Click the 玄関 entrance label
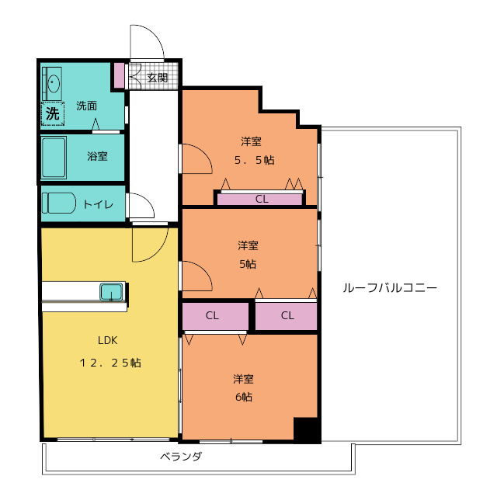[x=157, y=78]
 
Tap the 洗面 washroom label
[x=86, y=106]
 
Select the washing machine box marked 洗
[x=53, y=113]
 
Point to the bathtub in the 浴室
[x=54, y=158]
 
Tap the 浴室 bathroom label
[x=97, y=156]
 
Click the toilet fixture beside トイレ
[x=59, y=203]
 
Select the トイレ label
[x=98, y=204]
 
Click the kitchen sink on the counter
[x=112, y=292]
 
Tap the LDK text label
[x=108, y=340]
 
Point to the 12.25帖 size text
[x=110, y=363]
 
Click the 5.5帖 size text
[x=255, y=160]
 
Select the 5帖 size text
[x=248, y=264]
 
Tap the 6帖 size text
[x=244, y=397]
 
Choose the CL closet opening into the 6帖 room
[x=215, y=316]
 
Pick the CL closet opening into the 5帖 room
[x=287, y=316]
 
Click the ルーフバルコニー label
[x=390, y=288]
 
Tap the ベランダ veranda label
[x=181, y=457]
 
